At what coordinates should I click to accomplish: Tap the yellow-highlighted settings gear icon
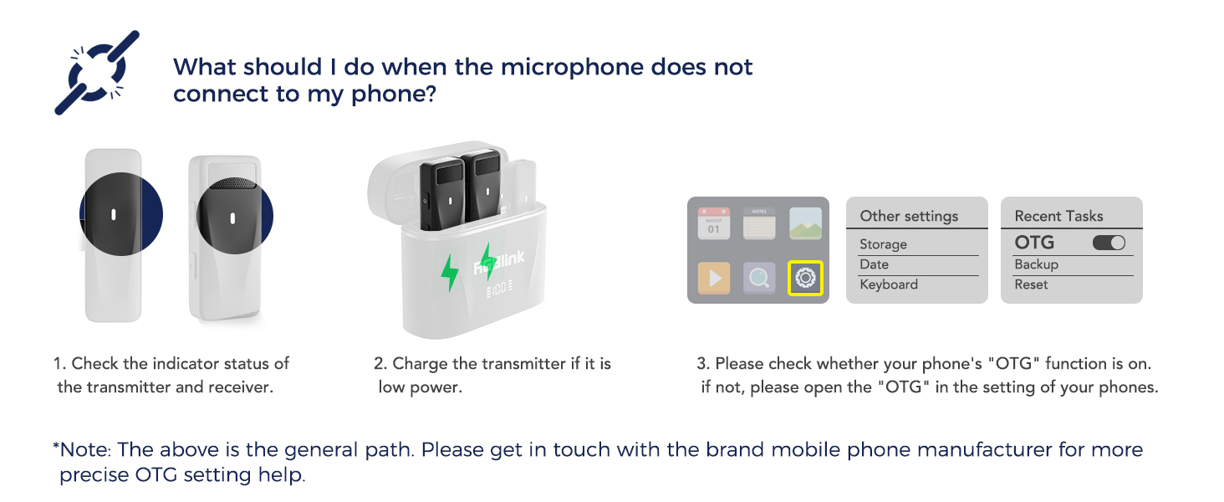[x=806, y=278]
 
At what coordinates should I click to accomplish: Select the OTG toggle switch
[x=1109, y=243]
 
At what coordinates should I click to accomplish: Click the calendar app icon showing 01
[x=713, y=224]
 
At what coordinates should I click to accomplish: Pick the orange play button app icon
[x=713, y=278]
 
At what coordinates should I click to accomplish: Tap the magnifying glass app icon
[x=759, y=278]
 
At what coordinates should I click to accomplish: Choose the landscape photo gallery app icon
[x=806, y=224]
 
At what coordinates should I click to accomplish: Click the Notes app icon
[x=759, y=224]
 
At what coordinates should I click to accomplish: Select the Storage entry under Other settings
[x=883, y=244]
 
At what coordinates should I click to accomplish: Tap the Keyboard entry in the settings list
[x=889, y=284]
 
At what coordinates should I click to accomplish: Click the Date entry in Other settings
[x=874, y=264]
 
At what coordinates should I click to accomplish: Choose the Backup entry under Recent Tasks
[x=1036, y=264]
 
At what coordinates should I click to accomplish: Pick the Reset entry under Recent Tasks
[x=1031, y=284]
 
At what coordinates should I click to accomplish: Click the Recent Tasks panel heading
[x=1058, y=216]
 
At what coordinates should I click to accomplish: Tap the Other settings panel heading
[x=909, y=216]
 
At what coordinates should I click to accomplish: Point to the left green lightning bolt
[x=450, y=272]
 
